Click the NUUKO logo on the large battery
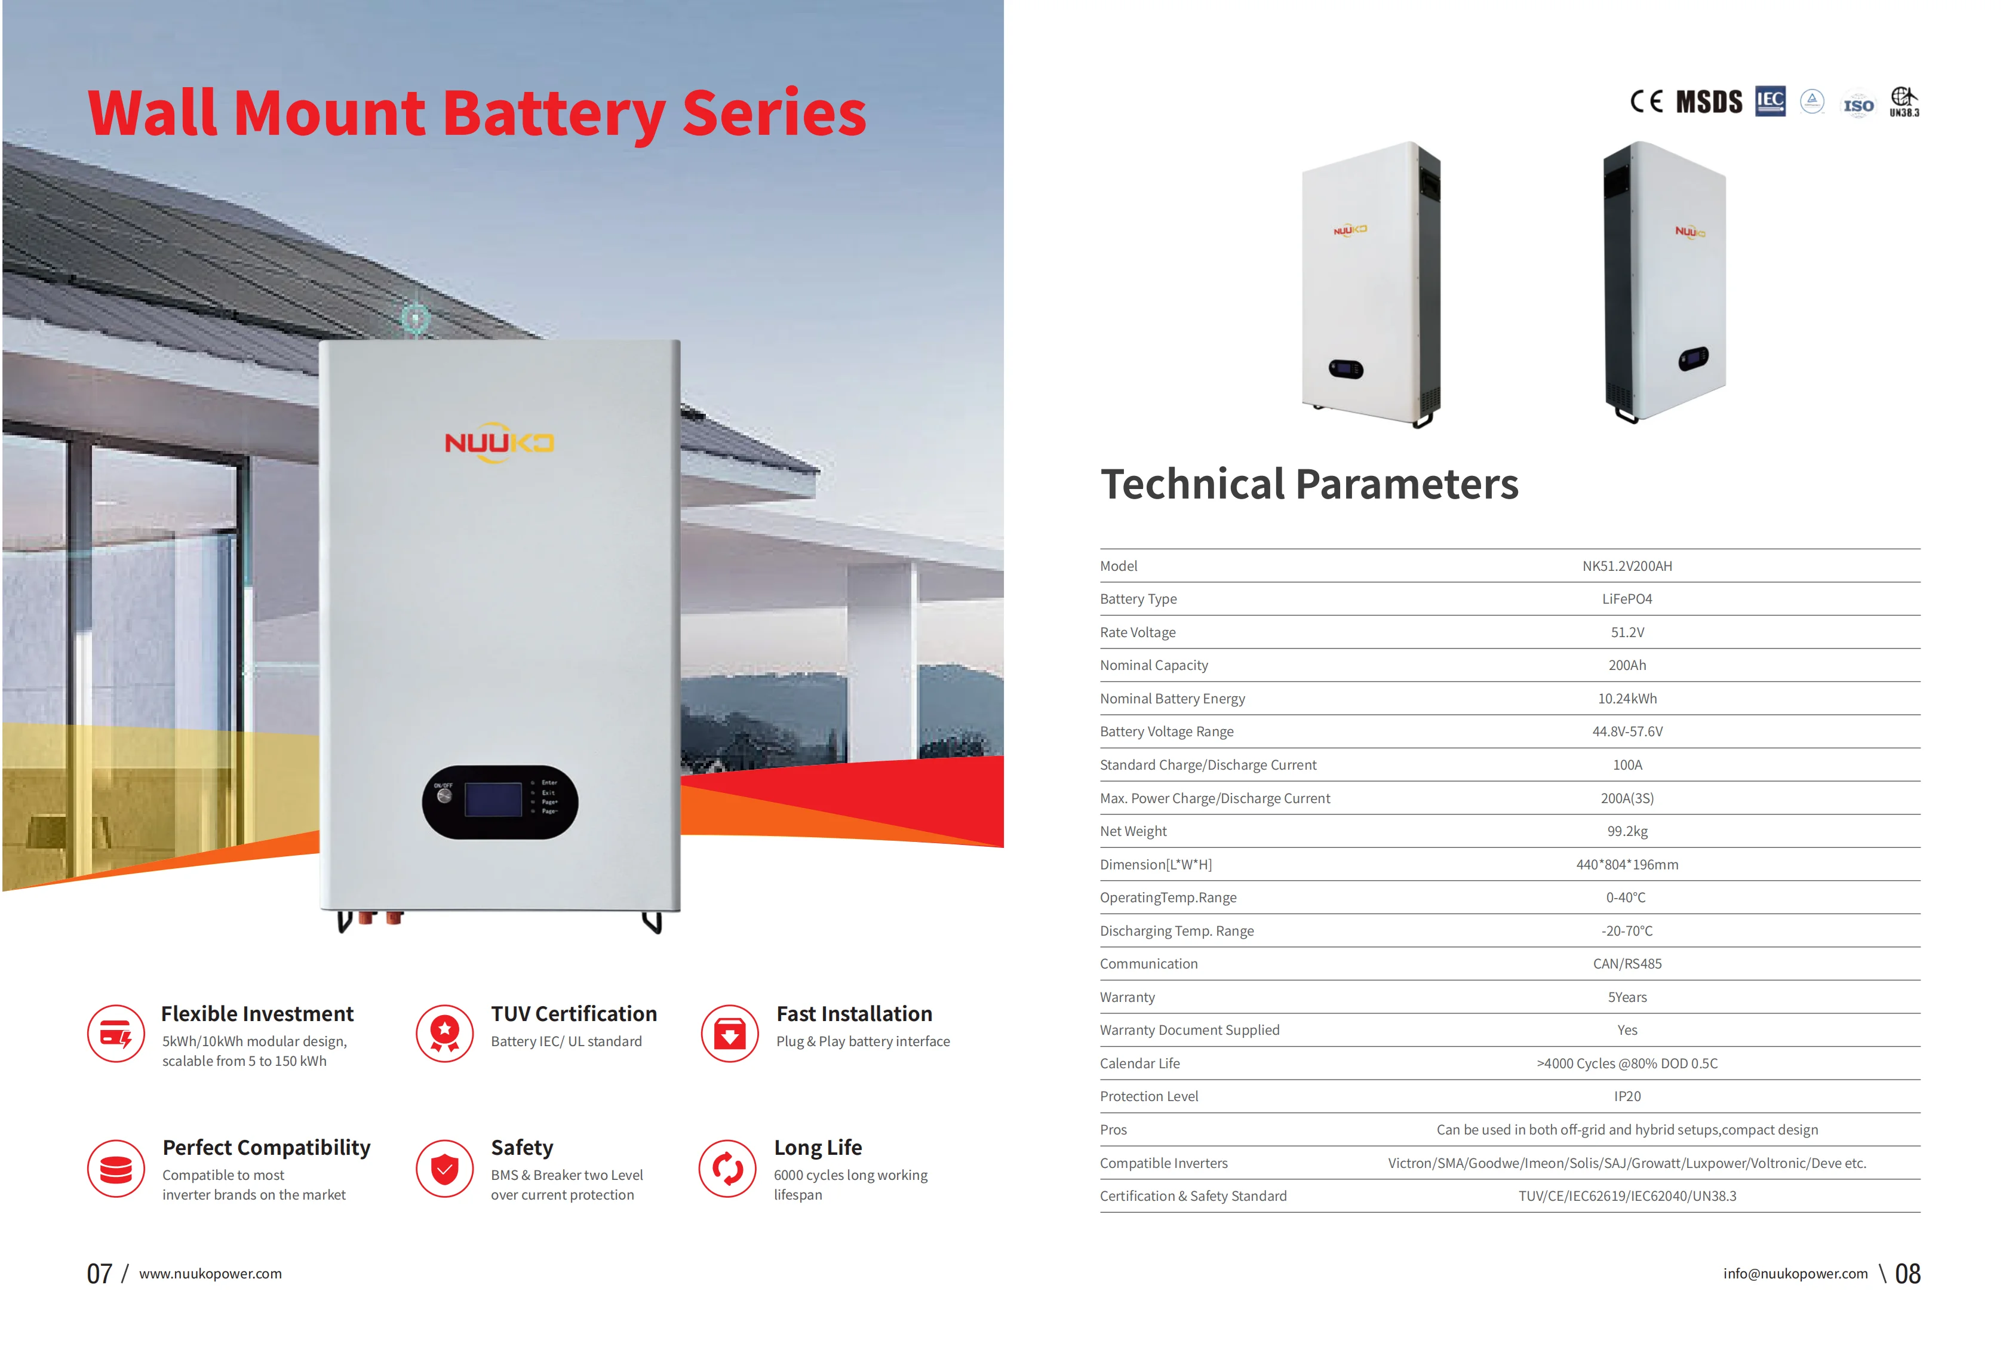[x=499, y=442]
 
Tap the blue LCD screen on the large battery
[x=493, y=800]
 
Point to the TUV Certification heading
[x=574, y=1014]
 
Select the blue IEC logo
[x=1770, y=101]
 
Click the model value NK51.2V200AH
[x=1626, y=566]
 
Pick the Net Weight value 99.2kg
[x=1626, y=832]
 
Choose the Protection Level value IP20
[x=1626, y=1096]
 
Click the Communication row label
[x=1148, y=964]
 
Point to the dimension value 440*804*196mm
[x=1626, y=865]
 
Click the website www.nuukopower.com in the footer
[x=210, y=1274]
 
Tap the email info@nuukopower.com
[x=1795, y=1274]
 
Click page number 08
[x=1907, y=1274]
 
